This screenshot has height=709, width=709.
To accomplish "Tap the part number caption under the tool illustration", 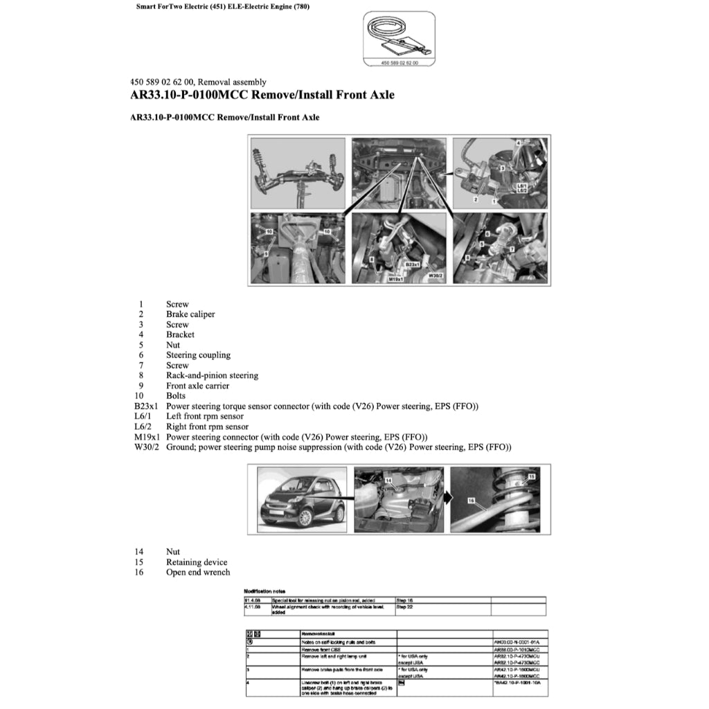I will click(x=399, y=62).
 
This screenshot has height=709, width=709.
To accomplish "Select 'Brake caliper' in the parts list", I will click(x=190, y=314).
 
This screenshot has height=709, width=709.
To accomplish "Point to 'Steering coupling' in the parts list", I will click(x=198, y=355).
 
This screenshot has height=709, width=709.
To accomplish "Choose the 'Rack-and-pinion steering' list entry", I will click(x=212, y=376).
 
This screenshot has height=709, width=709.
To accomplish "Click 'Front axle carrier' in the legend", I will click(x=198, y=386).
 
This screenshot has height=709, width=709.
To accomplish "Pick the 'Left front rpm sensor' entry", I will click(x=204, y=417).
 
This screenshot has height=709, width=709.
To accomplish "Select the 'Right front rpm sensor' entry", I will click(x=207, y=427).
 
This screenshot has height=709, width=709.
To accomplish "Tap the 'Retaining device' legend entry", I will click(x=196, y=562).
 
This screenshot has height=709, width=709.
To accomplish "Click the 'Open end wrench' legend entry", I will click(x=198, y=573).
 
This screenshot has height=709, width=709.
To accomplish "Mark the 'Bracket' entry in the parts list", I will click(x=180, y=335).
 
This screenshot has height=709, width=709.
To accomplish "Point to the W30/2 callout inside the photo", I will click(x=436, y=275).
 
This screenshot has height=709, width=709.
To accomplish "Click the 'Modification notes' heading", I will click(x=264, y=591).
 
